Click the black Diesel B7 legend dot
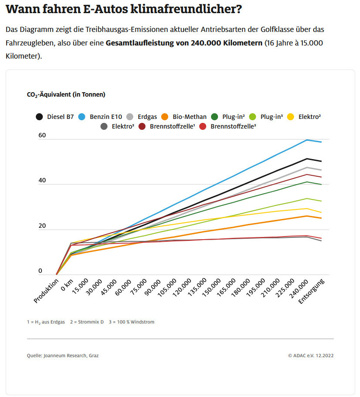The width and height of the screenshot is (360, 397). [x=39, y=117]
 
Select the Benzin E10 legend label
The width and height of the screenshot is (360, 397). [x=106, y=117]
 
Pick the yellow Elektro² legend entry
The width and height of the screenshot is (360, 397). [x=310, y=117]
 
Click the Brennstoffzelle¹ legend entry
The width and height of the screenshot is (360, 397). [x=166, y=127]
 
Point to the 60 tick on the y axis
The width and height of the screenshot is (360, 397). [x=42, y=136]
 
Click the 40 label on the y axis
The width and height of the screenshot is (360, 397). [x=42, y=181]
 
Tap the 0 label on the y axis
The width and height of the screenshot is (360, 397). [x=40, y=271]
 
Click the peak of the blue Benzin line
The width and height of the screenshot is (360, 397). [x=308, y=140]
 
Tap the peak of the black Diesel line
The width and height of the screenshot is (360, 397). [x=308, y=159]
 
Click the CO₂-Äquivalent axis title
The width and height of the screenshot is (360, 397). [x=66, y=94]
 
